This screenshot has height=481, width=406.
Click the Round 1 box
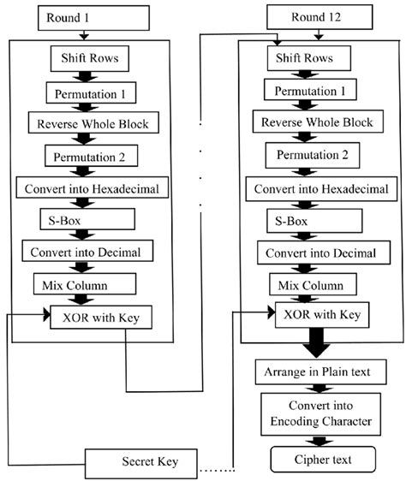click(82, 16)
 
